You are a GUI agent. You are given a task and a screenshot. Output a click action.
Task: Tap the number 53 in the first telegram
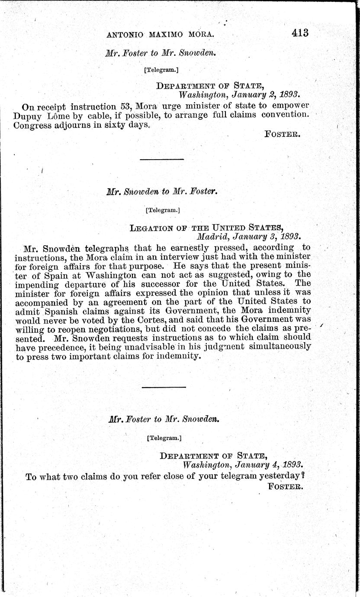(125, 106)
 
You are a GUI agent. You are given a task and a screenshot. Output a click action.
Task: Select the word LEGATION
(151, 228)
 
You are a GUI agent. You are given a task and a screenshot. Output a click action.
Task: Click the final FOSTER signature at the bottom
(285, 486)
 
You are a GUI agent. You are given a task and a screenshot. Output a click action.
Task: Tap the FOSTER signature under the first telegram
(282, 134)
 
